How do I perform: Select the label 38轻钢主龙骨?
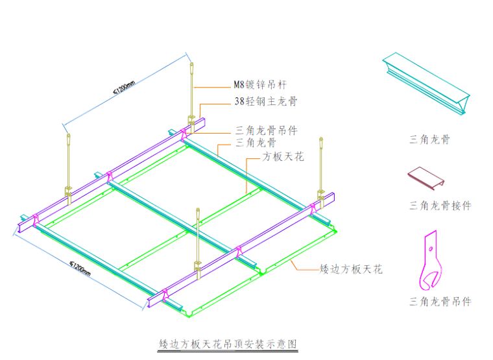coord(266,101)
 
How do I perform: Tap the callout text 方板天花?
coord(282,157)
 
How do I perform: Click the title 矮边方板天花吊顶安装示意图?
coord(228,342)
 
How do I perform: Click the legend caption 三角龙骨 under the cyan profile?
coord(430,139)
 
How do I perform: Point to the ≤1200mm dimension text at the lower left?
coord(82,267)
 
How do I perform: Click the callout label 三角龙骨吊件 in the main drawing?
coord(266,130)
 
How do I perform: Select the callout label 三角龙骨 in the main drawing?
coord(256,142)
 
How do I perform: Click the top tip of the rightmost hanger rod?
coord(320,139)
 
